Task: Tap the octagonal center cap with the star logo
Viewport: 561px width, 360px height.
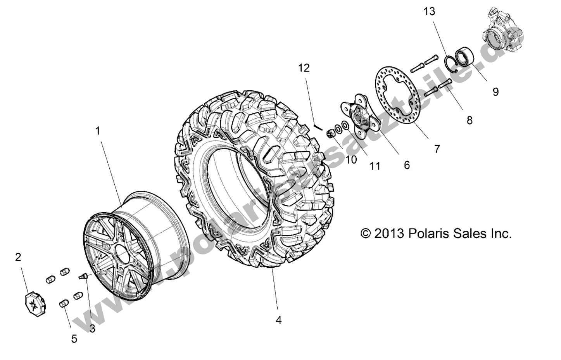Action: [35, 303]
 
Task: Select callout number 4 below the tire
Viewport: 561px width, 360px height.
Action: [278, 320]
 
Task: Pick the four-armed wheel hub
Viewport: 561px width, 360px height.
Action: [361, 116]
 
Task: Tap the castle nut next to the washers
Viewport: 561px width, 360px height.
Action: [331, 134]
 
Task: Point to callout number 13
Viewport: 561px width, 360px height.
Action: [429, 12]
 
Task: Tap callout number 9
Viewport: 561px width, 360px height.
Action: [495, 92]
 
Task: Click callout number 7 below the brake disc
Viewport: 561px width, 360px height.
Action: [437, 149]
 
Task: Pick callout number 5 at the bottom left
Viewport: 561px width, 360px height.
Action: [74, 339]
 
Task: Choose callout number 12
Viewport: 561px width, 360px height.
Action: [304, 68]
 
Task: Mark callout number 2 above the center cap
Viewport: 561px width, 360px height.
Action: [18, 257]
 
